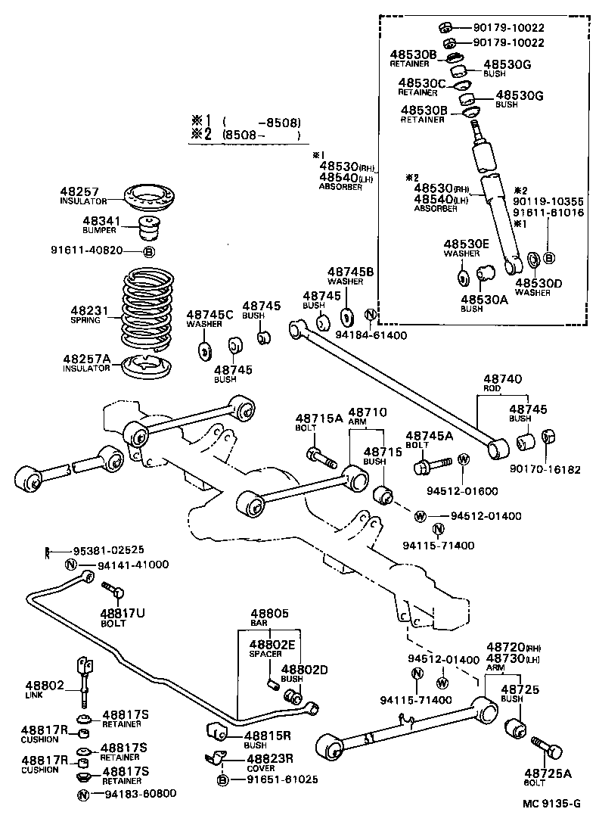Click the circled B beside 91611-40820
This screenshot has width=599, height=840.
pyautogui.click(x=149, y=251)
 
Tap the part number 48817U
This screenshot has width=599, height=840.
pyautogui.click(x=123, y=612)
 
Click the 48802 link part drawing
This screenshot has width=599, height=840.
pyautogui.click(x=85, y=677)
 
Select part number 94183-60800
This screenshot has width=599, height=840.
pyautogui.click(x=136, y=793)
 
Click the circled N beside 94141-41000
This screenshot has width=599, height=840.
pyautogui.click(x=70, y=565)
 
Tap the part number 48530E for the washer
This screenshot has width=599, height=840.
pyautogui.click(x=467, y=244)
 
